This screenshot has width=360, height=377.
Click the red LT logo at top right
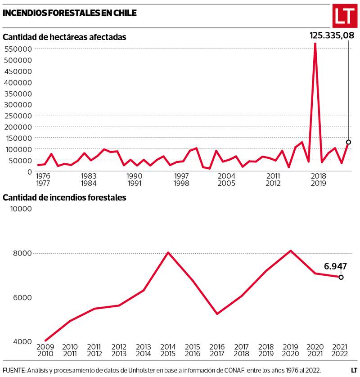pos(344,17)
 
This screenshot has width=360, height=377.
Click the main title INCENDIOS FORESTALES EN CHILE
pos(70,13)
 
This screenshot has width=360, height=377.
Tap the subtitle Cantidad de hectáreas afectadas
pos(64,37)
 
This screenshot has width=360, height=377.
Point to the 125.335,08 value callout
pos(329,35)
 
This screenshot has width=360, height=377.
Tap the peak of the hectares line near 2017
pos(315,44)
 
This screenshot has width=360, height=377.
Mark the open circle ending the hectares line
pos(348,142)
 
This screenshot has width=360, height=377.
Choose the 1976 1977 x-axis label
pos(43,179)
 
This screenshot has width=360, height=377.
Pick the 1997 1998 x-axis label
pos(181,179)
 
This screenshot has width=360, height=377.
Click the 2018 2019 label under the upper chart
pos(319,179)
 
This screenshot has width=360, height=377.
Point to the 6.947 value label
pos(335,266)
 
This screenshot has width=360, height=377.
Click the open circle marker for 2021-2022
pos(341,277)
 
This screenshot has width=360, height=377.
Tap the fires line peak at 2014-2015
pos(168,252)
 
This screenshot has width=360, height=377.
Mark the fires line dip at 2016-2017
pos(217,314)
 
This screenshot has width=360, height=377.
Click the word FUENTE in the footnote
pos(14,370)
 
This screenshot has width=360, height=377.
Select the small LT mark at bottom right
pos(354,370)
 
